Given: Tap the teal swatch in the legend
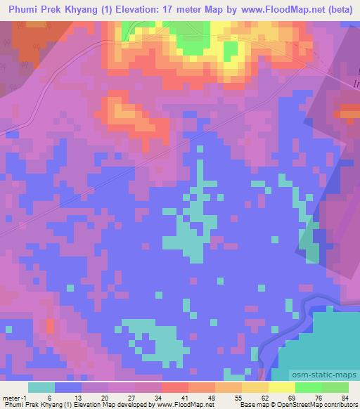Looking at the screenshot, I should coord(41,387).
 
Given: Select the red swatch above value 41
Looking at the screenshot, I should coord(174,387).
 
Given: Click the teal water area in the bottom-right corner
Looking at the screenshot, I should coord(334,337).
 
